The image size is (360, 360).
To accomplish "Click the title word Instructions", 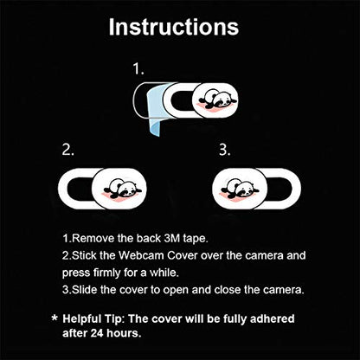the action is click(174, 27).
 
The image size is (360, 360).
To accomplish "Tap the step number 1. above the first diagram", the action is click(138, 69).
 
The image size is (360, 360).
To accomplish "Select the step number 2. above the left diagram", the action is click(68, 150).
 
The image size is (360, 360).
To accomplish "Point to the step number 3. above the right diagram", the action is click(225, 150).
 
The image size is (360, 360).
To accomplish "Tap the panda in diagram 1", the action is click(217, 100).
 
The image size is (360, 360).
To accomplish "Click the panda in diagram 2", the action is click(124, 189).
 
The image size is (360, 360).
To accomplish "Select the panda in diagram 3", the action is click(240, 189).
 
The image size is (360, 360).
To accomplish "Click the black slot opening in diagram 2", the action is click(80, 189).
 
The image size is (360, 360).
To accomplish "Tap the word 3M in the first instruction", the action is click(172, 239).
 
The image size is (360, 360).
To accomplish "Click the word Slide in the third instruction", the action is click(84, 290).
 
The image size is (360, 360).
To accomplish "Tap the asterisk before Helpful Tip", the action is click(55, 318).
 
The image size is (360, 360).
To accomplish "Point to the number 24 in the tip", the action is click(97, 333).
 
